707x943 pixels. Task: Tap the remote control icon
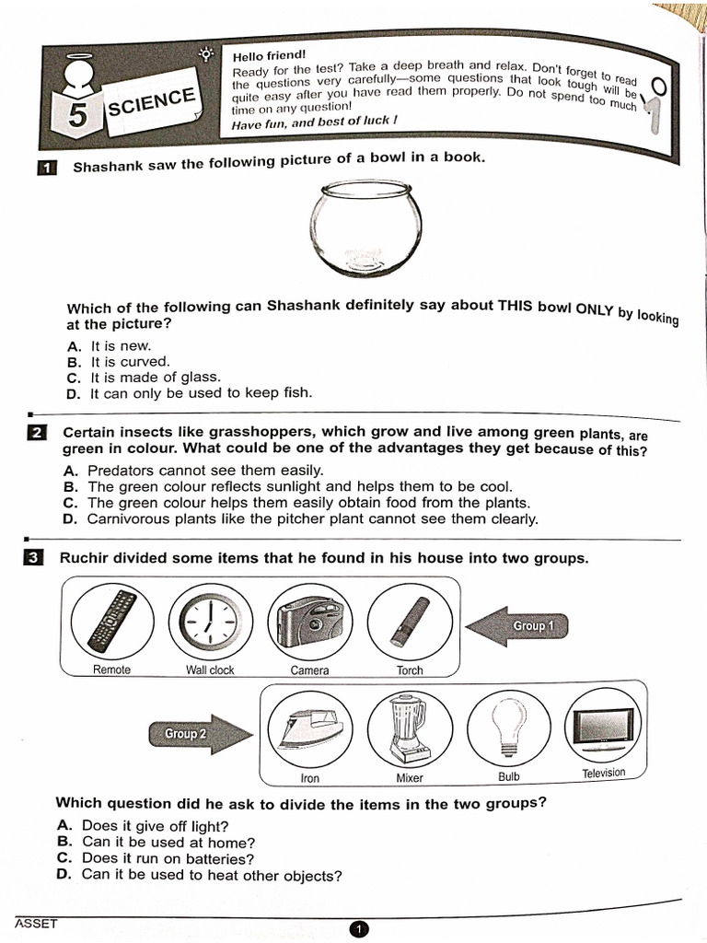(x=111, y=620)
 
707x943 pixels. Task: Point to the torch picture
(x=410, y=622)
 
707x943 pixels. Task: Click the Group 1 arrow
(x=517, y=626)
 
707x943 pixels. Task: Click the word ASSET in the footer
(x=35, y=923)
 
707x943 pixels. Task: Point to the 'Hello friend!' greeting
(x=269, y=56)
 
